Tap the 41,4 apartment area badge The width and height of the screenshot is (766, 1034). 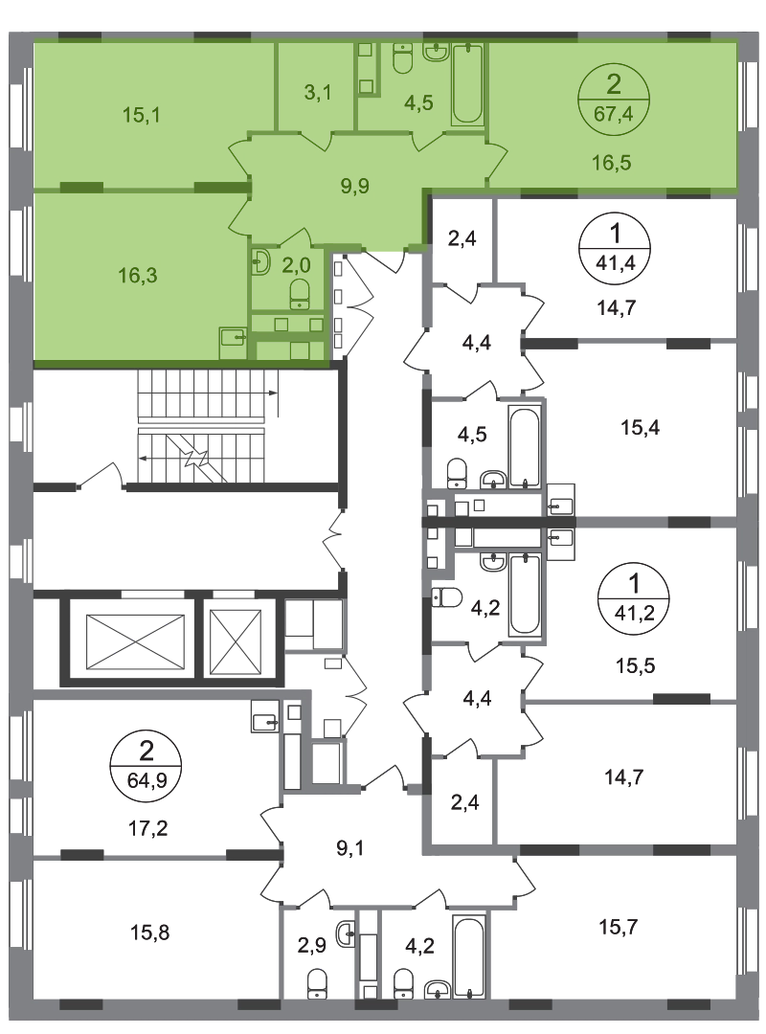pyautogui.click(x=615, y=248)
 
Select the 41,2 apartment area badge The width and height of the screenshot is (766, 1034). pyautogui.click(x=633, y=598)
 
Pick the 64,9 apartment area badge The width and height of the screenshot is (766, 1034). pyautogui.click(x=146, y=766)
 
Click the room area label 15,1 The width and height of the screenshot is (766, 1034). pyautogui.click(x=141, y=115)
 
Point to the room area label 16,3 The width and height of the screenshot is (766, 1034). pyautogui.click(x=138, y=275)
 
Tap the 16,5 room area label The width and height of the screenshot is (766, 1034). pyautogui.click(x=611, y=162)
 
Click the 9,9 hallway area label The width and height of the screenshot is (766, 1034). pyautogui.click(x=354, y=186)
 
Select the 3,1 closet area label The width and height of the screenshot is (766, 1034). pyautogui.click(x=317, y=92)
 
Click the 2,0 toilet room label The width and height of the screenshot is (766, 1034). pyautogui.click(x=296, y=265)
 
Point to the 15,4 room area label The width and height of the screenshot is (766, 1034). pyautogui.click(x=640, y=427)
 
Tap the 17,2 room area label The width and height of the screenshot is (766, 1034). pyautogui.click(x=147, y=827)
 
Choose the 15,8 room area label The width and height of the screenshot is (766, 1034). pyautogui.click(x=149, y=933)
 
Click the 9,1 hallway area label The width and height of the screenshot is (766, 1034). pyautogui.click(x=349, y=848)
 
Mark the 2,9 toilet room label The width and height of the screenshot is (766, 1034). pyautogui.click(x=311, y=946)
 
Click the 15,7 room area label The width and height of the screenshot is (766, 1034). pyautogui.click(x=618, y=927)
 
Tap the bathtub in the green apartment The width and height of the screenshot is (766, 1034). pyautogui.click(x=468, y=83)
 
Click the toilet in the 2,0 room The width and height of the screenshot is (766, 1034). pyautogui.click(x=300, y=294)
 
